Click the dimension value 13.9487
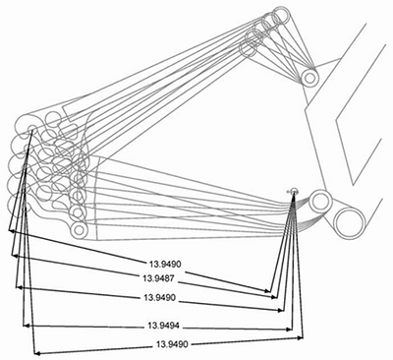click(x=158, y=279)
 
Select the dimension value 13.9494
click(x=163, y=326)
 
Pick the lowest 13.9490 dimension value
click(x=172, y=344)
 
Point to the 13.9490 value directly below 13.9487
click(x=159, y=298)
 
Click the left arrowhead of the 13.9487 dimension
click(x=13, y=255)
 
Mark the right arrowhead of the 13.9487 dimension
click(x=274, y=297)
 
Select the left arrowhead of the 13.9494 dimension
click(x=26, y=326)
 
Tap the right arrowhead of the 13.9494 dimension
click(x=289, y=330)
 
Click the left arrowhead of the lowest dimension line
click(x=36, y=353)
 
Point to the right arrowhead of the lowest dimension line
click(x=301, y=338)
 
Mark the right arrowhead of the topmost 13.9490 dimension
click(x=268, y=290)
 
